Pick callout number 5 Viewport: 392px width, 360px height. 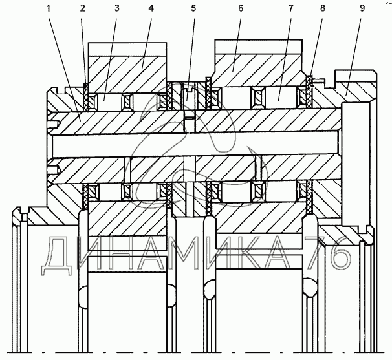(193, 9)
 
